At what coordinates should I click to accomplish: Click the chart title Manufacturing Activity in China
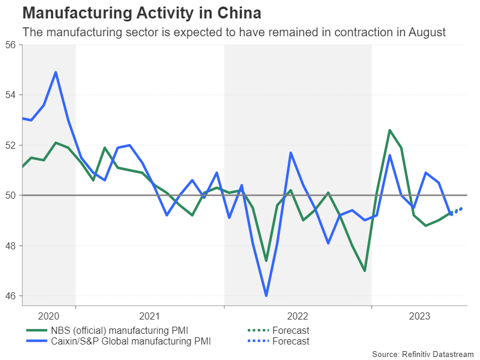pyautogui.click(x=141, y=13)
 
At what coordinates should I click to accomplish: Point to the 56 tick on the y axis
pyautogui.click(x=11, y=45)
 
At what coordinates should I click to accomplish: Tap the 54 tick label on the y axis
pyautogui.click(x=11, y=95)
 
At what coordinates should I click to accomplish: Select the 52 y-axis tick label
pyautogui.click(x=11, y=145)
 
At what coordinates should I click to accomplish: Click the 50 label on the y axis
pyautogui.click(x=11, y=196)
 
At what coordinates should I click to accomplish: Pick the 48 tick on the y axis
pyautogui.click(x=11, y=246)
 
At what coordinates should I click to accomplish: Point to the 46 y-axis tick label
pyautogui.click(x=11, y=296)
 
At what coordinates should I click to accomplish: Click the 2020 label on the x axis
pyautogui.click(x=48, y=316)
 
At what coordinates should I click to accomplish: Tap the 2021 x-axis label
pyautogui.click(x=149, y=316)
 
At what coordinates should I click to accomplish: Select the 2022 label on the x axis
pyautogui.click(x=297, y=316)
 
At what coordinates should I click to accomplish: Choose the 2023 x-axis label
pyautogui.click(x=419, y=316)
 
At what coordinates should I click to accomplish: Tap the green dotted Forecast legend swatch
pyautogui.click(x=257, y=331)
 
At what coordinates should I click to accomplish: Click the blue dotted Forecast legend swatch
pyautogui.click(x=257, y=342)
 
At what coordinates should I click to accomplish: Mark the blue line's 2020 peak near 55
pyautogui.click(x=55, y=72)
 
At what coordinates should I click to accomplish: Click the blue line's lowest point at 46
pyautogui.click(x=266, y=296)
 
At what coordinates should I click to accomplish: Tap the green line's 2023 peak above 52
pyautogui.click(x=389, y=130)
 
